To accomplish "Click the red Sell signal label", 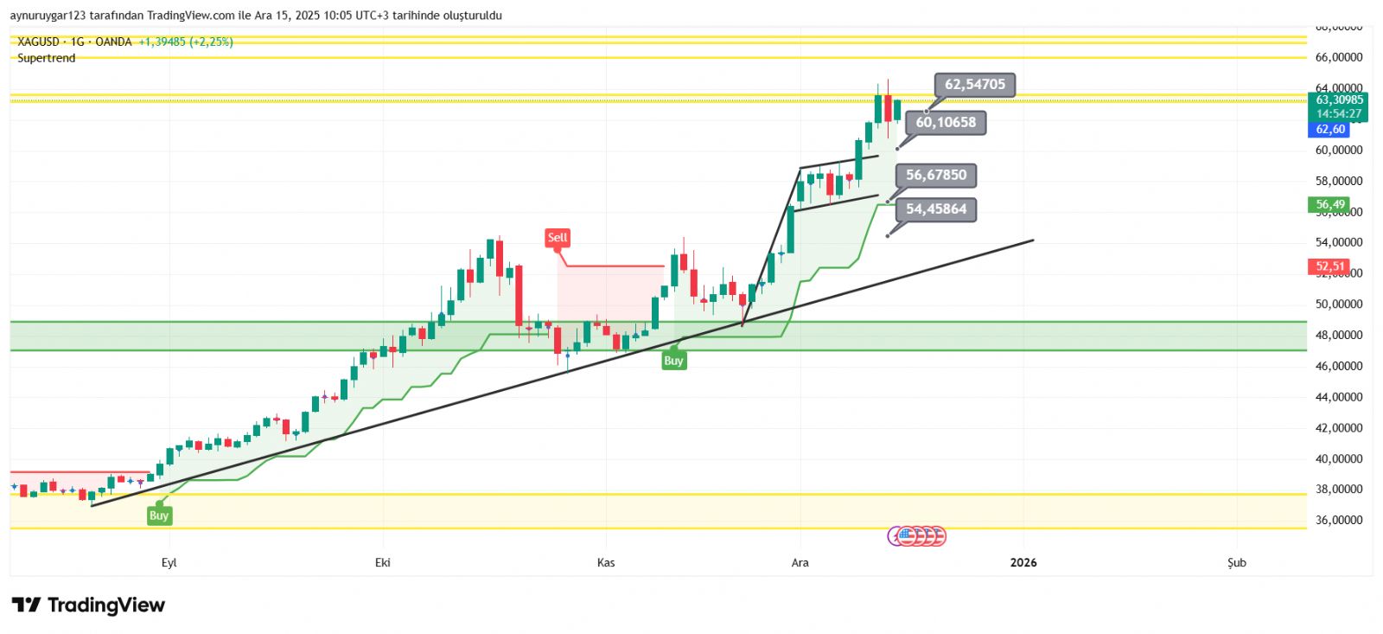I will coord(558,237).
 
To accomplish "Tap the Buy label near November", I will coord(673,361).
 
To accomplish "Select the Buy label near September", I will coord(159,516).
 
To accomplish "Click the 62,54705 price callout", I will coord(974,85).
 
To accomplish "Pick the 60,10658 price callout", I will coord(946,123).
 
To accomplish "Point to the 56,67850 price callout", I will coord(936,176).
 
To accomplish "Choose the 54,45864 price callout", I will coord(936,209).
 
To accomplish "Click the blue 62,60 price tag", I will coord(1329,130).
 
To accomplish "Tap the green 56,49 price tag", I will coord(1329,205).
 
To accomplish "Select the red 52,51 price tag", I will coord(1329,266).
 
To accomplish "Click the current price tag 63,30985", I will coord(1339,100).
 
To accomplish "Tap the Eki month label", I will coord(383,563).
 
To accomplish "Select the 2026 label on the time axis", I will coord(1023,563).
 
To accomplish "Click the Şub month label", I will coord(1237,563).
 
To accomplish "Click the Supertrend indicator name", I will coord(47,58).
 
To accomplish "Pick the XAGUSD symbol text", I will coord(39,42).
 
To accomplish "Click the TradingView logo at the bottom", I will coord(88,605).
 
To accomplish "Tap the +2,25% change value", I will coord(212,42).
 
